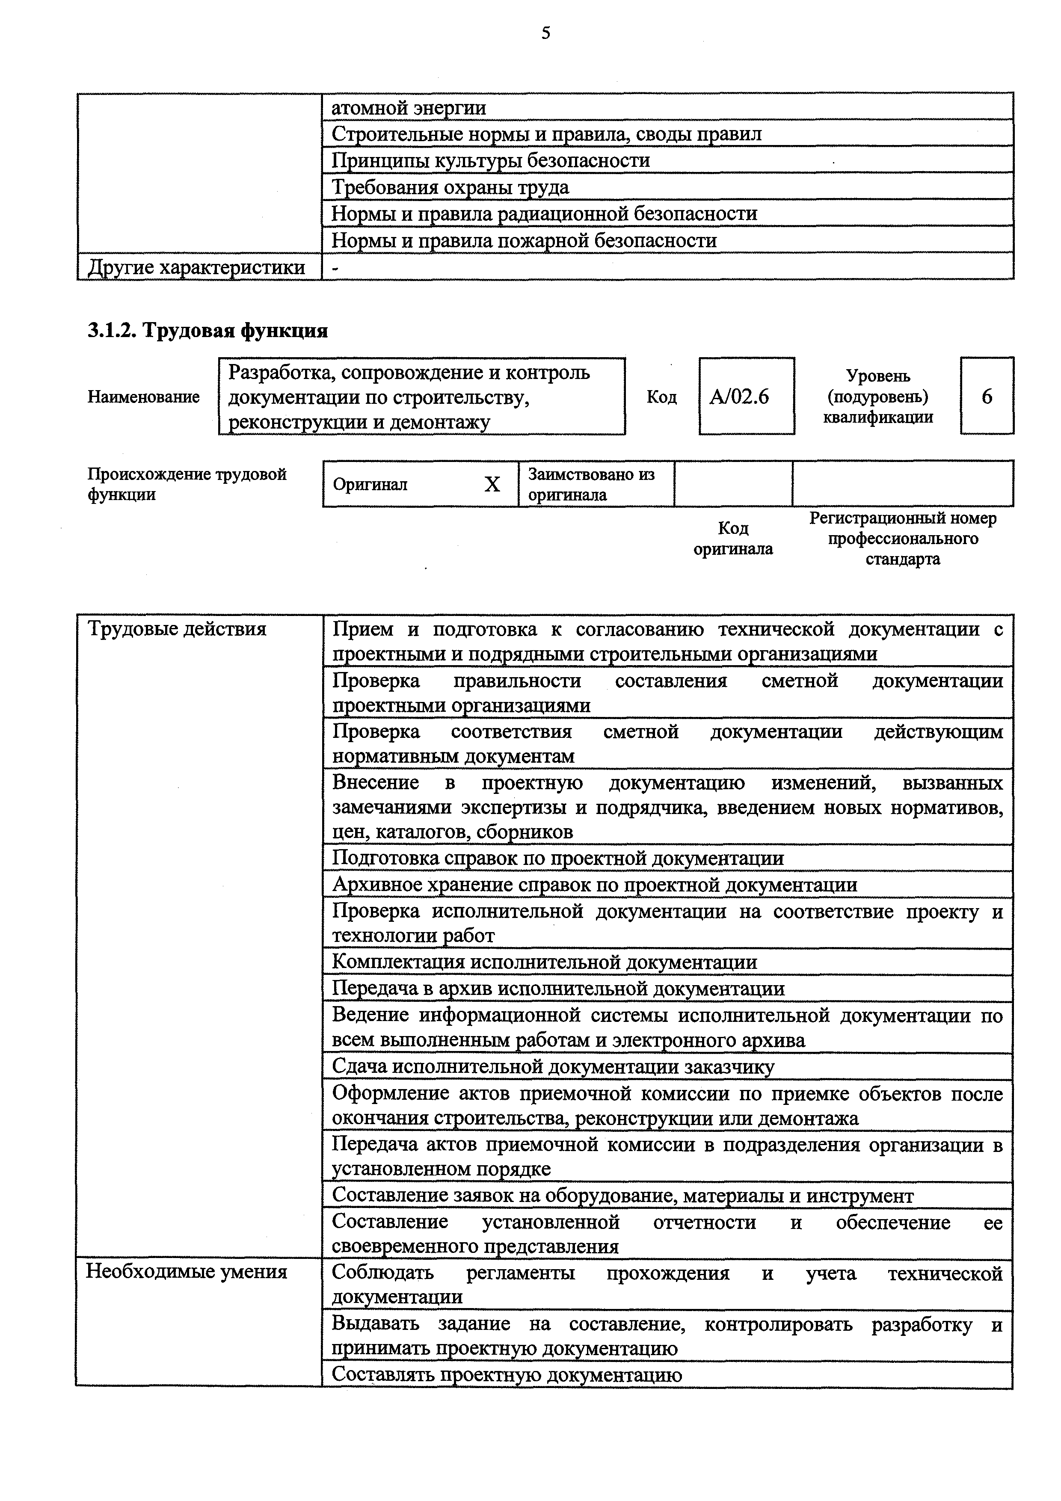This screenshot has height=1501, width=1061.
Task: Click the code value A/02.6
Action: [x=739, y=397]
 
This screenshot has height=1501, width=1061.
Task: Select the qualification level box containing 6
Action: [x=987, y=396]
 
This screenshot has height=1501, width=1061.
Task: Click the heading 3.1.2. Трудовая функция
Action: [x=208, y=331]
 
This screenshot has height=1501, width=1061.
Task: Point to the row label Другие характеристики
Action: [x=196, y=267]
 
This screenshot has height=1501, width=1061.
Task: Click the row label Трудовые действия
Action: [x=177, y=629]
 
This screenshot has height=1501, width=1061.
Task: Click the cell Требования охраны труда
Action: [x=450, y=188]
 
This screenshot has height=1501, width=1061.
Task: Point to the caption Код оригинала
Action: [x=733, y=538]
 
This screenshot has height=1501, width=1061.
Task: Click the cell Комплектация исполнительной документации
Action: [x=545, y=962]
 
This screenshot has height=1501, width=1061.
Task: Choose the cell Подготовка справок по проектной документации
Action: [x=557, y=858]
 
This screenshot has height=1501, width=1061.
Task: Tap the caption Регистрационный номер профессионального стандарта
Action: [x=903, y=539]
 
